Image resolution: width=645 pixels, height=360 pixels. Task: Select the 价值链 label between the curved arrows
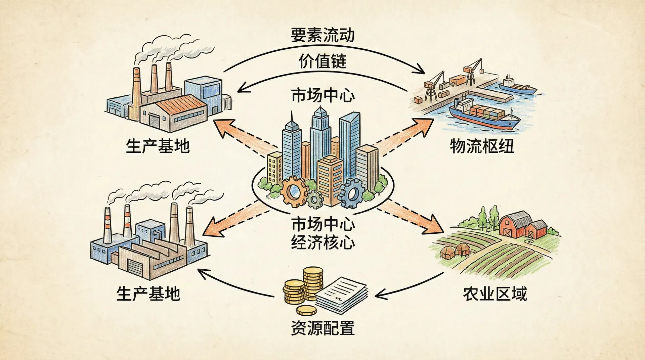point(322,61)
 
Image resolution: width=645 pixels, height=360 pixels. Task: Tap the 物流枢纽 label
point(482,146)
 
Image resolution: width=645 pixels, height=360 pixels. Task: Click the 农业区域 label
point(495,294)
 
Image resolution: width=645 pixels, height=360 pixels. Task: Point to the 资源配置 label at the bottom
point(322,328)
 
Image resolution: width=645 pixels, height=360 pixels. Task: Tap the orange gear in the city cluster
point(293,191)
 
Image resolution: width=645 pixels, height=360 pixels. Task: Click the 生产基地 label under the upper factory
point(158,146)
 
